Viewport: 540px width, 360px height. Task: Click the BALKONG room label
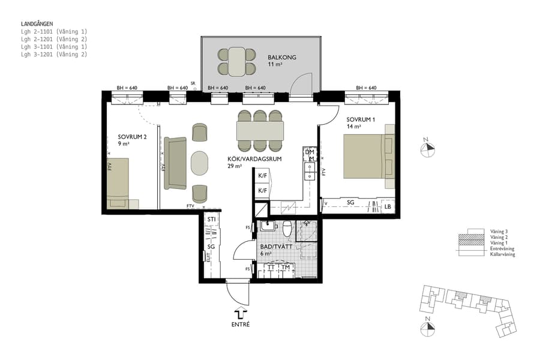click(282, 58)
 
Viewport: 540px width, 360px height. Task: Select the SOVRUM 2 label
click(131, 136)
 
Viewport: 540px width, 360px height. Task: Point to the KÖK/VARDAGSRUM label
click(247, 159)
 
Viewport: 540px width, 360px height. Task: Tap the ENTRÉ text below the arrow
click(240, 325)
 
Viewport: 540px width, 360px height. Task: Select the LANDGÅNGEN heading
click(37, 24)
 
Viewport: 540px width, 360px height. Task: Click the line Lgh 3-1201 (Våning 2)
click(54, 54)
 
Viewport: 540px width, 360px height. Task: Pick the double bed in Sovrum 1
click(367, 156)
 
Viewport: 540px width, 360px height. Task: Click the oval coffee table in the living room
click(199, 162)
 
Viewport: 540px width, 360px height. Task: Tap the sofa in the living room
click(176, 163)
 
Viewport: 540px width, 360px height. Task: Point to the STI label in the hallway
click(211, 220)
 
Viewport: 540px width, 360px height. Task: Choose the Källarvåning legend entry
click(503, 254)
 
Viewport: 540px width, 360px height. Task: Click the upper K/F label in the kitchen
click(263, 176)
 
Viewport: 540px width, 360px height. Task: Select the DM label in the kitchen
click(310, 152)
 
